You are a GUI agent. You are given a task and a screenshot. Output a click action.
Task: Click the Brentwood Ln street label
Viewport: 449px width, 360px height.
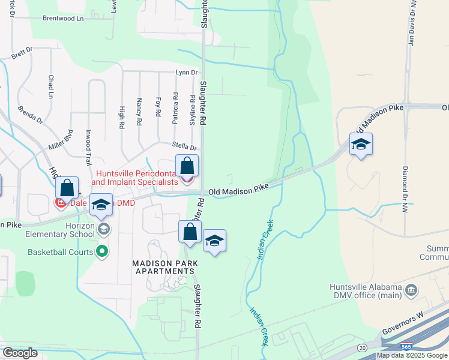tap(63, 19)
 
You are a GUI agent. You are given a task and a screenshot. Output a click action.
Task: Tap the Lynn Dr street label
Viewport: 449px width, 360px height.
tap(186, 72)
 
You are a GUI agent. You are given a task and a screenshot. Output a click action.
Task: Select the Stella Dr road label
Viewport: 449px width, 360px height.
tap(184, 147)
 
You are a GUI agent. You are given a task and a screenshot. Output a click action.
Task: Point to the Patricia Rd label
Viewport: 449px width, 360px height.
tap(175, 108)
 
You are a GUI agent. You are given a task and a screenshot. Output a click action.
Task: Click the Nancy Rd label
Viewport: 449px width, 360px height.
tap(139, 112)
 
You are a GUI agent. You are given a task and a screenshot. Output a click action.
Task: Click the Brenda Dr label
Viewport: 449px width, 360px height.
tap(30, 115)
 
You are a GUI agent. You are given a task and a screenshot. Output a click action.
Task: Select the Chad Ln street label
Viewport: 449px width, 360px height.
tap(51, 87)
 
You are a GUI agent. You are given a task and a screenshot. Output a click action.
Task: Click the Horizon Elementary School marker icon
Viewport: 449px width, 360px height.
tap(104, 229)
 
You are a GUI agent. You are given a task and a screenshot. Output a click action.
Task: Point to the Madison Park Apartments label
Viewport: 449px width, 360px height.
tap(164, 268)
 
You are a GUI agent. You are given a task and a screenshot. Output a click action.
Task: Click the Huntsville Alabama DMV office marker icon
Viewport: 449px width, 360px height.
tap(411, 292)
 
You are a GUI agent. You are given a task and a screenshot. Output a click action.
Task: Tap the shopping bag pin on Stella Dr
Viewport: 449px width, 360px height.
tap(187, 166)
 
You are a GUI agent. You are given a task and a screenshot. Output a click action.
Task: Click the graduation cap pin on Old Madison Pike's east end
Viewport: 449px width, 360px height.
tap(361, 144)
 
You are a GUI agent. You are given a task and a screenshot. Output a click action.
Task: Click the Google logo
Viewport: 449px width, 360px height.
tap(19, 353)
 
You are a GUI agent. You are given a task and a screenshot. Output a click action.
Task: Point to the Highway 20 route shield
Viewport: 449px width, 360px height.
tap(362, 347)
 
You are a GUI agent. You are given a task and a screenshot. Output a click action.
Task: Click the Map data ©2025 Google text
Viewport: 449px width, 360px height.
tap(411, 355)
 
